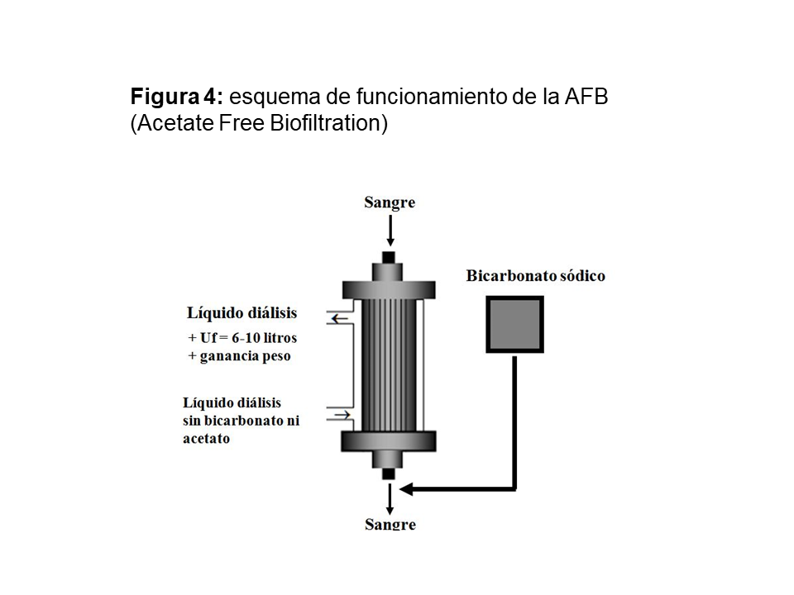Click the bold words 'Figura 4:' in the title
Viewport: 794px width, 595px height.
pyautogui.click(x=176, y=97)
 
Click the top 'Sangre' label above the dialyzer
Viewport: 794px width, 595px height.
pyautogui.click(x=390, y=203)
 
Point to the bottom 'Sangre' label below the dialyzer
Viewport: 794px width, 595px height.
pyautogui.click(x=390, y=524)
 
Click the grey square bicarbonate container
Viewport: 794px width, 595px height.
pyautogui.click(x=514, y=325)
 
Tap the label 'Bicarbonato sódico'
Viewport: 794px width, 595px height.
pyautogui.click(x=535, y=276)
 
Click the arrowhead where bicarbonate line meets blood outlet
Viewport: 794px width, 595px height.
pyautogui.click(x=408, y=489)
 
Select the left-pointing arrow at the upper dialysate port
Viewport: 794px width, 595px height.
pyautogui.click(x=338, y=317)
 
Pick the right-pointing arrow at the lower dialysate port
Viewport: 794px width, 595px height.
pyautogui.click(x=339, y=413)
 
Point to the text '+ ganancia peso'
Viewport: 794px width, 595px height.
pyautogui.click(x=240, y=356)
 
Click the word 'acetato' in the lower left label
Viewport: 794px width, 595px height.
pyautogui.click(x=206, y=439)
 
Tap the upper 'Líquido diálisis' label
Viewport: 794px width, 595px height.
pyautogui.click(x=242, y=313)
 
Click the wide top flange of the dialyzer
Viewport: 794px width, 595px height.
pyautogui.click(x=389, y=288)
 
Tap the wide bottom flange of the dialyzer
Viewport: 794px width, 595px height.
pyautogui.click(x=389, y=441)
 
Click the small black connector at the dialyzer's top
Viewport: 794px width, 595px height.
pyautogui.click(x=389, y=257)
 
